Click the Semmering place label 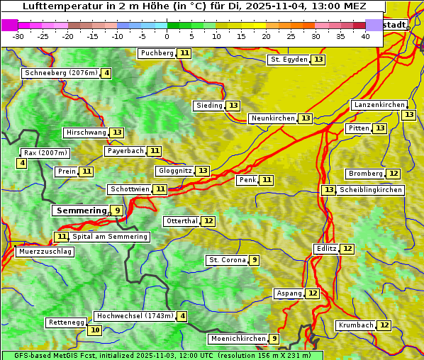point(80,210)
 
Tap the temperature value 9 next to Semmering point(117,210)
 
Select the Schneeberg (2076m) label point(60,73)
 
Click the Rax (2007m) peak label point(45,153)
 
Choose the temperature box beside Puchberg point(184,53)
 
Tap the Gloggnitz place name point(174,171)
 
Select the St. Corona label point(227,260)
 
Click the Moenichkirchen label point(238,339)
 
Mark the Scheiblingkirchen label point(370,190)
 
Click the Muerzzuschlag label point(44,252)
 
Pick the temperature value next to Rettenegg point(94,330)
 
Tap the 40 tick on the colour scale point(365,36)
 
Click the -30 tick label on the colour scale point(18,36)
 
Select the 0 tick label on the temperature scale point(167,36)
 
